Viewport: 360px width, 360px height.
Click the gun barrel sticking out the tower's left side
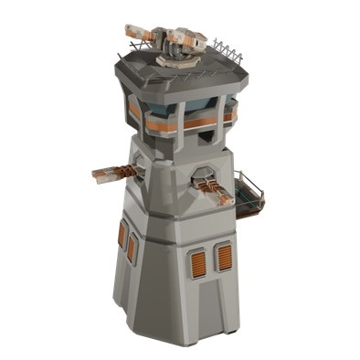pos(108,171)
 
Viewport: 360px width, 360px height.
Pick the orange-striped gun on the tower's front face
pos(216,189)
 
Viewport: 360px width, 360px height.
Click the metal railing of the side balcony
pos(250,182)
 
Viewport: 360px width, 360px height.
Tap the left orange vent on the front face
pos(195,263)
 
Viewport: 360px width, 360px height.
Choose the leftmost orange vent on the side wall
pos(122,235)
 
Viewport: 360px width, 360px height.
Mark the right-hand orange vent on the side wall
pos(132,247)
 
